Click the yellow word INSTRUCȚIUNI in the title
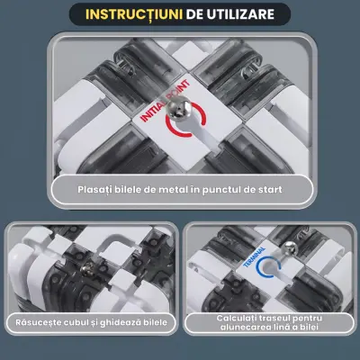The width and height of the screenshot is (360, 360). pyautogui.click(x=134, y=14)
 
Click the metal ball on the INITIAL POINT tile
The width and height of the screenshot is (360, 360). pyautogui.click(x=179, y=109)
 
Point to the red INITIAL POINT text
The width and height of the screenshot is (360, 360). pyautogui.click(x=165, y=100)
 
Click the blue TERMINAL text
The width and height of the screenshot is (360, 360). pyautogui.click(x=254, y=257)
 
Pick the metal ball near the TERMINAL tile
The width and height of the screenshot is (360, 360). pyautogui.click(x=291, y=248)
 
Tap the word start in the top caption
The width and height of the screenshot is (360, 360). pyautogui.click(x=271, y=190)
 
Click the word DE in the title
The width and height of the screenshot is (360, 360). pyautogui.click(x=194, y=14)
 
